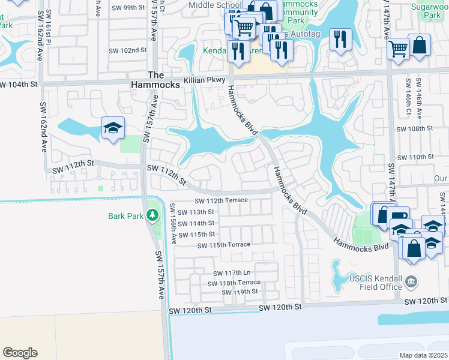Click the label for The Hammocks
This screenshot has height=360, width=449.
pyautogui.click(x=155, y=80)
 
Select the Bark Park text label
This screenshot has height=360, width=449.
pyautogui.click(x=125, y=216)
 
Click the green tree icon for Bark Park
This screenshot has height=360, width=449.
pyautogui.click(x=153, y=214)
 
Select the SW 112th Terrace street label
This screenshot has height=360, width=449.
pyautogui.click(x=221, y=201)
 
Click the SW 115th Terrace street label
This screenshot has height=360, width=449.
pyautogui.click(x=220, y=245)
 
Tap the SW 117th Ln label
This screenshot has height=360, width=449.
pyautogui.click(x=226, y=273)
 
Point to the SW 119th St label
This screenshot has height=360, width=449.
pyautogui.click(x=239, y=292)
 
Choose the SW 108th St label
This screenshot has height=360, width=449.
pyautogui.click(x=415, y=129)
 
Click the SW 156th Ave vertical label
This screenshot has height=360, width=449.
pyautogui.click(x=173, y=223)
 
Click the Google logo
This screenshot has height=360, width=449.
pyautogui.click(x=20, y=353)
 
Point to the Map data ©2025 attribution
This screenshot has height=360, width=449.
pyautogui.click(x=424, y=355)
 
